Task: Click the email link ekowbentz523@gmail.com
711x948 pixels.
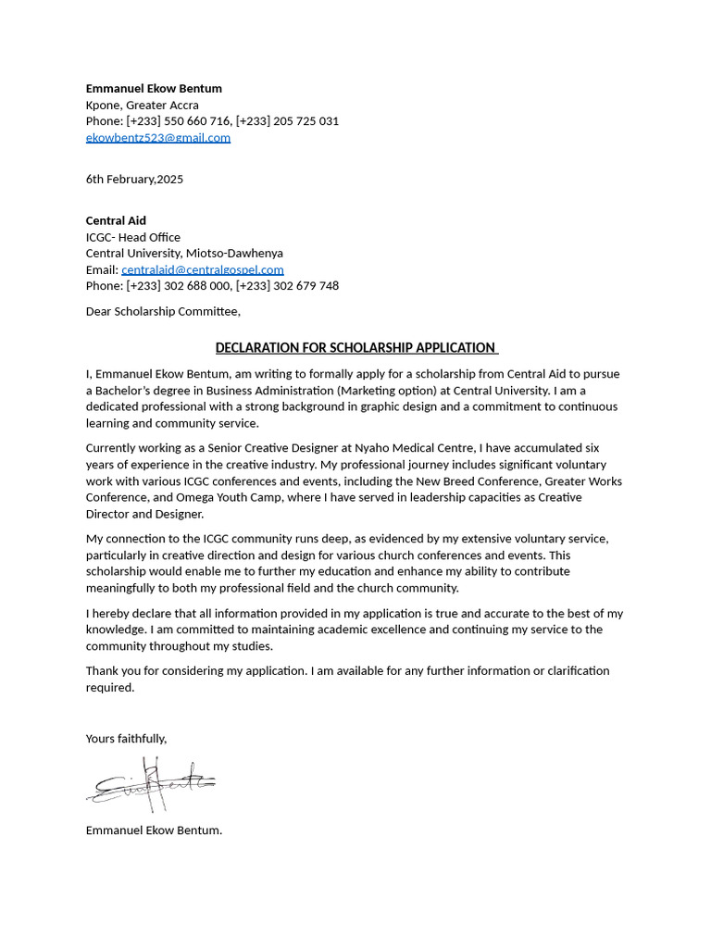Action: (x=157, y=138)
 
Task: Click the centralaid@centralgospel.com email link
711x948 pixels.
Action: (x=202, y=269)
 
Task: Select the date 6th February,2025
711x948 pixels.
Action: (x=134, y=179)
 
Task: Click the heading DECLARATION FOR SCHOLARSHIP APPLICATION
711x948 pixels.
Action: (x=355, y=348)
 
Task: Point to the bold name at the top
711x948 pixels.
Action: (x=154, y=89)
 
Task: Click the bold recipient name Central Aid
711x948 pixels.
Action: (x=116, y=220)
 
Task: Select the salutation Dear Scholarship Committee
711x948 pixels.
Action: (x=163, y=311)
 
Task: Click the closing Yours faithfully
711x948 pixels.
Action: (x=126, y=738)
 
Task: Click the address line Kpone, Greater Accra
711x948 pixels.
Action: (x=142, y=106)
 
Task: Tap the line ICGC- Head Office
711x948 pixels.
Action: (x=132, y=237)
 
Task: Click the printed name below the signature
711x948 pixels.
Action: (x=154, y=830)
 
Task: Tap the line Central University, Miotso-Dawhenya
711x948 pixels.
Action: (x=184, y=254)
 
